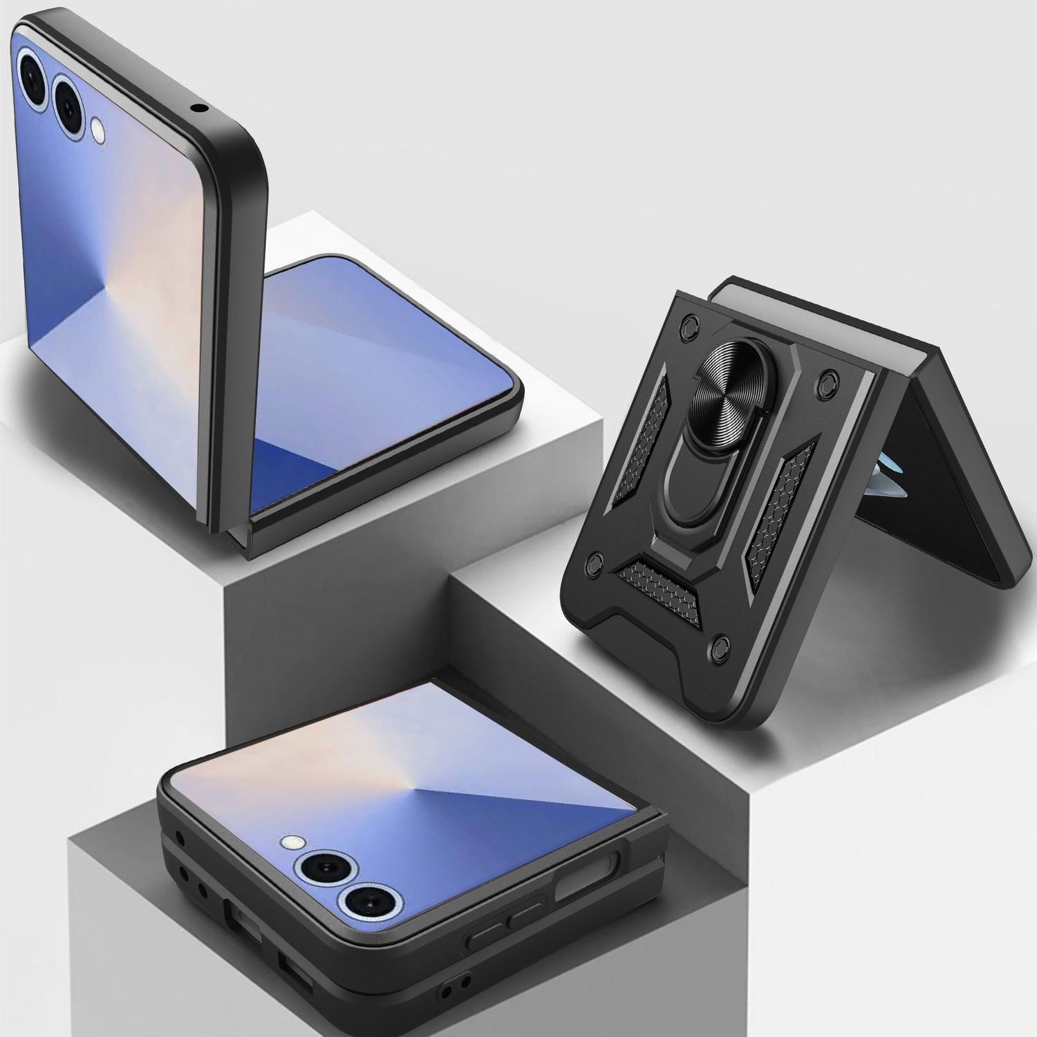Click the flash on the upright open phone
[x=98, y=129]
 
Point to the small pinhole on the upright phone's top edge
[x=200, y=108]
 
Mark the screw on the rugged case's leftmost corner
[x=594, y=563]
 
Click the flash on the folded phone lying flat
[x=293, y=842]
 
